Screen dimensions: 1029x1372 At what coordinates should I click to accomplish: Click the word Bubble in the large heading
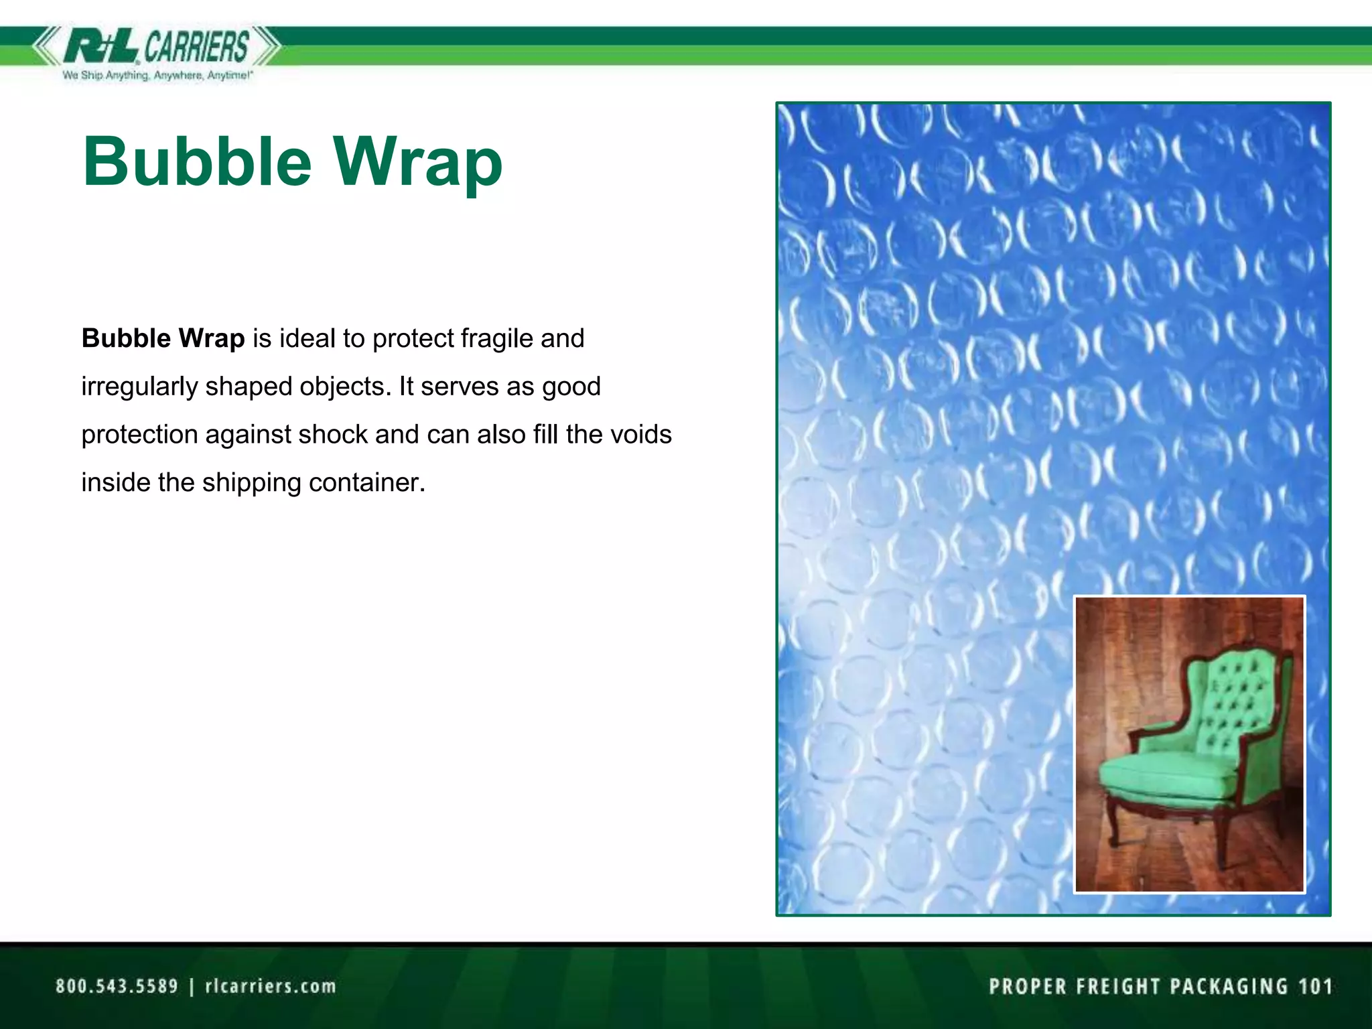pyautogui.click(x=197, y=162)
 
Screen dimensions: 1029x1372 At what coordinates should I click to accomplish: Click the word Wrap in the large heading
pyautogui.click(x=418, y=162)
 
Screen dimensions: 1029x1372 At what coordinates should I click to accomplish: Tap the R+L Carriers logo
pyautogui.click(x=157, y=47)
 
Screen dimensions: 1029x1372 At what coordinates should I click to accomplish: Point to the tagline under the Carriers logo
pyautogui.click(x=157, y=76)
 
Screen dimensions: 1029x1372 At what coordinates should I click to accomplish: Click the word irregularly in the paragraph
pyautogui.click(x=139, y=387)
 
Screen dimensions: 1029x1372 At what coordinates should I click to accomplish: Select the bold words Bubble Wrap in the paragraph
pyautogui.click(x=163, y=338)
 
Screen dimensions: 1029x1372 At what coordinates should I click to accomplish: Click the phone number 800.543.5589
pyautogui.click(x=117, y=986)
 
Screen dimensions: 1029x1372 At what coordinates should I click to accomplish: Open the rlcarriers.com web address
pyautogui.click(x=270, y=986)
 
